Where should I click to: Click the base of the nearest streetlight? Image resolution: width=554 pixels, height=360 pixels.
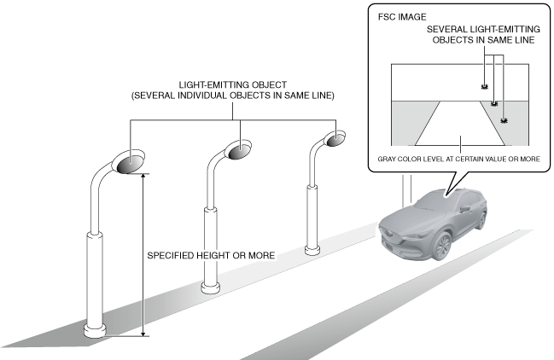[x=94, y=329]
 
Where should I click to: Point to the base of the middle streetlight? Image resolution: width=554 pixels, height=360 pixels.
[x=210, y=287]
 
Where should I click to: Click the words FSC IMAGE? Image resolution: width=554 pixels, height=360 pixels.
[x=398, y=16]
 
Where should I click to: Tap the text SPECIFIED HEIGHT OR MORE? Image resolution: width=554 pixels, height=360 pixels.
[x=206, y=255]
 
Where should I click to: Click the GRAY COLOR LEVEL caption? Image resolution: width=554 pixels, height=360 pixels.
[x=458, y=158]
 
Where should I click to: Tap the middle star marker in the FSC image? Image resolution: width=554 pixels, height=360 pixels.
[x=494, y=104]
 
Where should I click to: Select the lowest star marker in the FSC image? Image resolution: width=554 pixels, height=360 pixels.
[x=504, y=121]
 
